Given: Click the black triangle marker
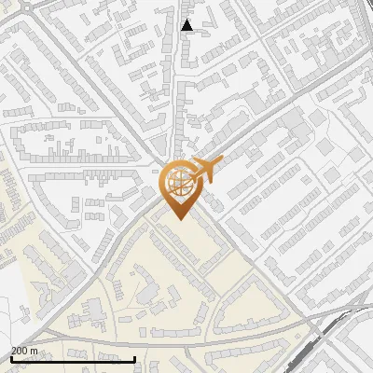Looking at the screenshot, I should tap(186, 25).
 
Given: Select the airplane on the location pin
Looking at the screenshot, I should tap(206, 170).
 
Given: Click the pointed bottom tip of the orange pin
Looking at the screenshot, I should tap(179, 217).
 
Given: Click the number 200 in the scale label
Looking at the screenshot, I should tap(20, 351).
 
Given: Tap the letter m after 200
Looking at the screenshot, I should tap(35, 351).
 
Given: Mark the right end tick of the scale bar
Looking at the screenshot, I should tap(136, 359).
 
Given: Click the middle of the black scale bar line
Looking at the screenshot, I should tap(73, 360).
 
